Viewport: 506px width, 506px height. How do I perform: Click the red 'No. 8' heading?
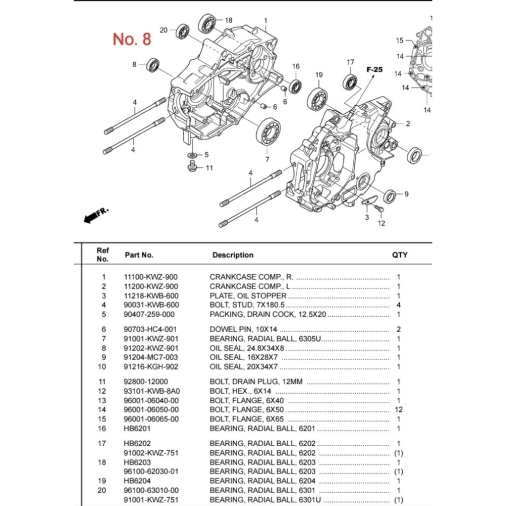[132, 39]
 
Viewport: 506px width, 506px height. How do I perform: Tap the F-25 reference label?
[374, 70]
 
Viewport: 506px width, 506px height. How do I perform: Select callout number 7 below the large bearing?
[267, 159]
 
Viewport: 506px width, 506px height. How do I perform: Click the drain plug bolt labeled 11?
[193, 167]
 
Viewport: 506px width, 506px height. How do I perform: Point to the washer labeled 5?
[192, 155]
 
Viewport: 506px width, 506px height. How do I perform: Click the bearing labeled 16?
[295, 86]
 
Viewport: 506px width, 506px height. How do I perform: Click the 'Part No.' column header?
[139, 255]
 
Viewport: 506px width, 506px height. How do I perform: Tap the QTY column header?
[400, 255]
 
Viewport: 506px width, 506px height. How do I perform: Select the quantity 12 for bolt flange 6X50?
[399, 410]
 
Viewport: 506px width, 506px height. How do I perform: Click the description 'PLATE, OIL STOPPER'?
[248, 296]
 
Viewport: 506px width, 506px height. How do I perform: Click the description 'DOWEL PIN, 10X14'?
[242, 329]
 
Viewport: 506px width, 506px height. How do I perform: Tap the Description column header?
[233, 255]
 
